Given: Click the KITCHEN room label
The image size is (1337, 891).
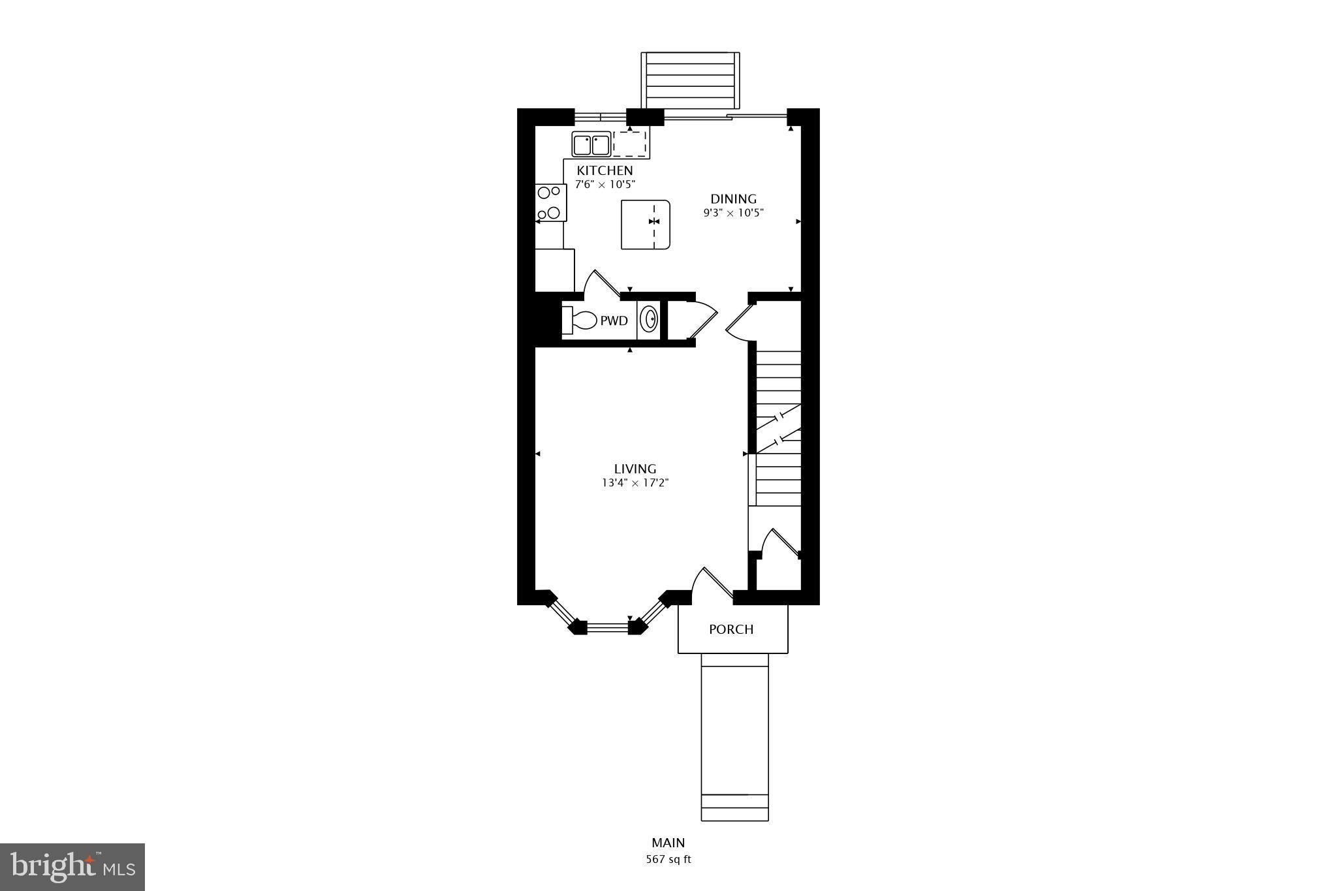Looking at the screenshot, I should point(605,170).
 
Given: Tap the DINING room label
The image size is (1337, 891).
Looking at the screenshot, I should point(733,199).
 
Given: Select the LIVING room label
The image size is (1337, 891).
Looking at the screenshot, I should point(635,469).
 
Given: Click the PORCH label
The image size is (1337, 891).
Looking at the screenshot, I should point(731,629).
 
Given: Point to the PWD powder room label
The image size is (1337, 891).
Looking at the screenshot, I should point(614,321).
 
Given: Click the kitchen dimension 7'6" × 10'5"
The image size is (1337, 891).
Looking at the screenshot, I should point(605,185).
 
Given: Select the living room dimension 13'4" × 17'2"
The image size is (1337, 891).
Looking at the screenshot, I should point(635,484).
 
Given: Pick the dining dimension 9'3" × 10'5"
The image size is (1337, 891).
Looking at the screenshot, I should point(733,213).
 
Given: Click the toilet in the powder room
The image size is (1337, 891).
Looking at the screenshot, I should point(580,320).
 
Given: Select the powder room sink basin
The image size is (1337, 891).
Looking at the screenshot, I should point(650,320).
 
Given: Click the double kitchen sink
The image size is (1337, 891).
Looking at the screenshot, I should point(591,144).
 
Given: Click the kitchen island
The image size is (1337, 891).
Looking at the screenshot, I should point(645,225).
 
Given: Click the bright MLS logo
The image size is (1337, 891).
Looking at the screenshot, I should point(72,867).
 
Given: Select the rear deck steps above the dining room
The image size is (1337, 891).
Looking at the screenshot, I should point(690,81).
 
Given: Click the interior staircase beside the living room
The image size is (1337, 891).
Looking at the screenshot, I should point(778,428).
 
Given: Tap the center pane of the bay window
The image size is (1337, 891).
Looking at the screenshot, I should point(607,628).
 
